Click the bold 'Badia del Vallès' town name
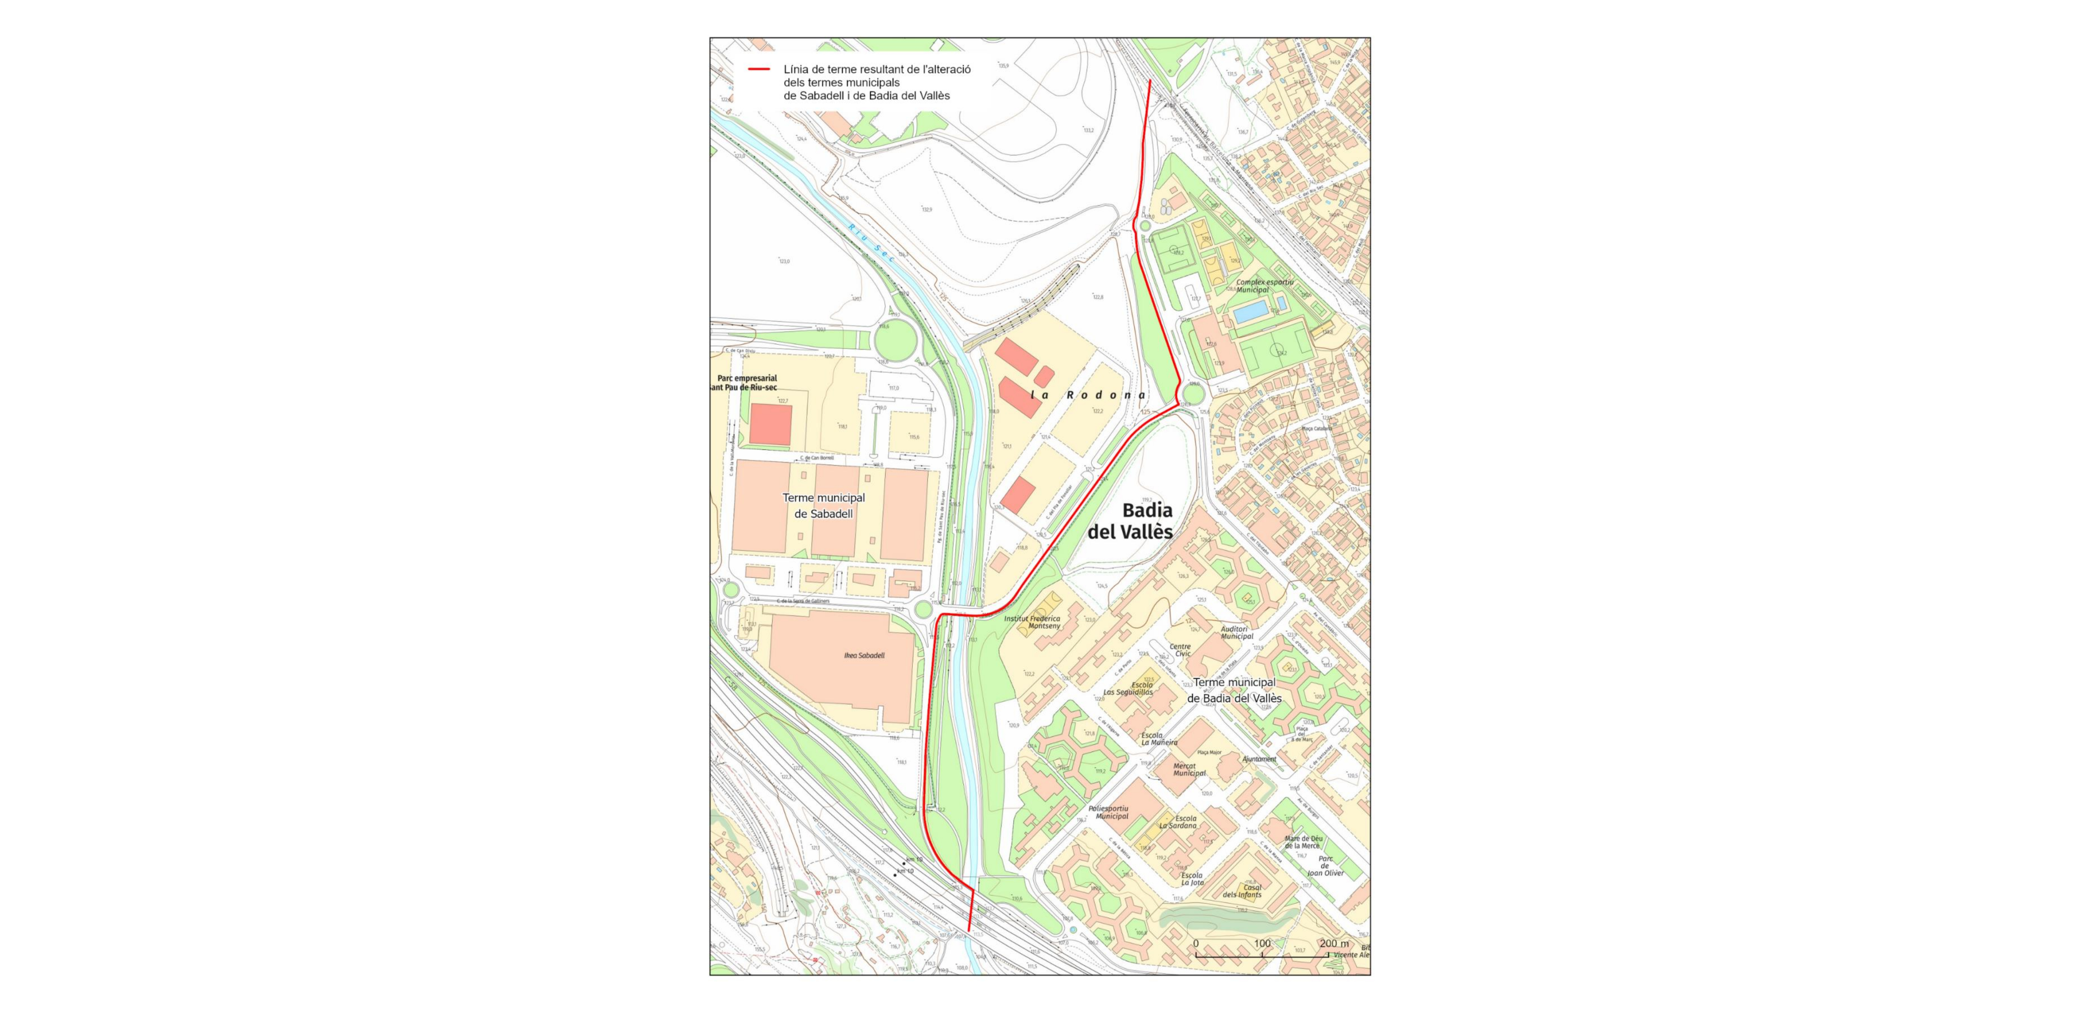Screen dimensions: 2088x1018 tap(1147, 521)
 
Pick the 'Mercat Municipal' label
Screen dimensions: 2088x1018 tap(1189, 769)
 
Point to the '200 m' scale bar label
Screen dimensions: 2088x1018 tap(1334, 944)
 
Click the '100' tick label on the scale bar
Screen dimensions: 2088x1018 tap(1262, 944)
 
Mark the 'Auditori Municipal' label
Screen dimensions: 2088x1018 tap(1237, 632)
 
